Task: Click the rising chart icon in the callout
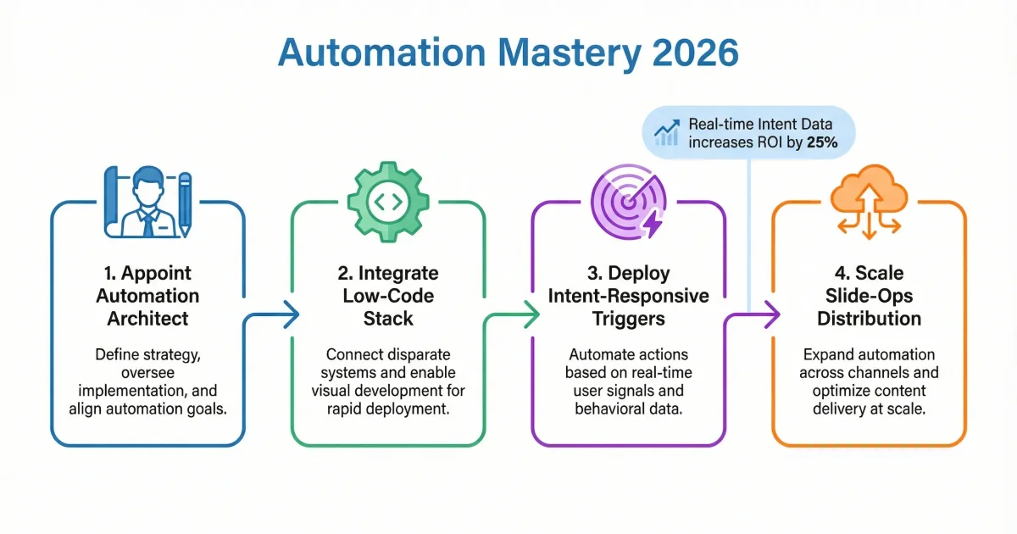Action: (667, 132)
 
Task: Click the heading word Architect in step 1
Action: (147, 319)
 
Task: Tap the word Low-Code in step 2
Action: (387, 296)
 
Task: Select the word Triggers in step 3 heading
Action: (628, 319)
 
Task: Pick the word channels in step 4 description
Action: (903, 372)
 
